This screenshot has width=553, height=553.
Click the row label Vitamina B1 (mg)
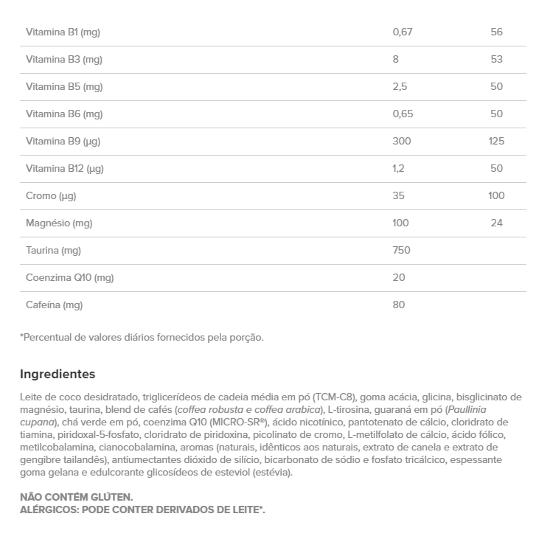pyautogui.click(x=63, y=32)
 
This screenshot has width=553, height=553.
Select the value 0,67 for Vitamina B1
pyautogui.click(x=402, y=32)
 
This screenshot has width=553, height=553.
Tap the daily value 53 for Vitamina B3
pyautogui.click(x=496, y=60)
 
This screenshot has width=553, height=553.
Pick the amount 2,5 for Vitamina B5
pyautogui.click(x=400, y=87)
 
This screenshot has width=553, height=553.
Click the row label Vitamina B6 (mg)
pyautogui.click(x=64, y=114)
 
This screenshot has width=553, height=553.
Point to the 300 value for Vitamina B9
pyautogui.click(x=402, y=142)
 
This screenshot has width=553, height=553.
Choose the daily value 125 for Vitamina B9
pyautogui.click(x=496, y=142)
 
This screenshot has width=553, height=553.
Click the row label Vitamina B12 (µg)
pyautogui.click(x=65, y=169)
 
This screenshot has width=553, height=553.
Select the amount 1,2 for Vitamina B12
pyautogui.click(x=399, y=169)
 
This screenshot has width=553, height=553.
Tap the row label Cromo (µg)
pyautogui.click(x=51, y=196)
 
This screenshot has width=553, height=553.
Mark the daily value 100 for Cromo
pyautogui.click(x=496, y=196)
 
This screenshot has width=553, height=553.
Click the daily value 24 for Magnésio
pyautogui.click(x=496, y=223)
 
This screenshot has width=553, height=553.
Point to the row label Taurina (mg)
pyautogui.click(x=53, y=251)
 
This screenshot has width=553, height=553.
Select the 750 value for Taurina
pyautogui.click(x=402, y=251)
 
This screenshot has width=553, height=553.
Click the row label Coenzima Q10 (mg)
pyautogui.click(x=70, y=278)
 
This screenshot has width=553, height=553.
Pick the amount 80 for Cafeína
pyautogui.click(x=399, y=305)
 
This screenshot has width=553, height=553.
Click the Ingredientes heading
pyautogui.click(x=58, y=375)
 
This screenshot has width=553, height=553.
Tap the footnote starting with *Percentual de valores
pyautogui.click(x=142, y=338)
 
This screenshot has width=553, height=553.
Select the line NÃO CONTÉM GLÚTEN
pyautogui.click(x=77, y=498)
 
